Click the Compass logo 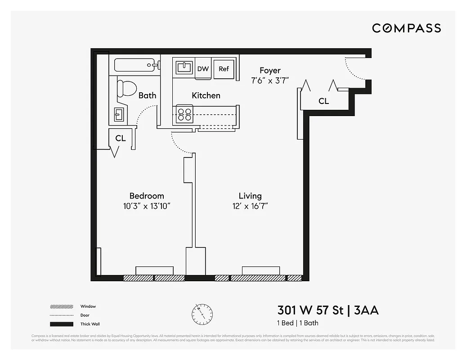coord(406,28)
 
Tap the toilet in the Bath coord(126,88)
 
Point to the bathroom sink coord(119,114)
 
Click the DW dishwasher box coord(203,69)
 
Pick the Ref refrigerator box coord(224,69)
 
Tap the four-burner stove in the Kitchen coord(184,114)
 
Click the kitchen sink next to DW coord(184,68)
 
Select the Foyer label coord(270,71)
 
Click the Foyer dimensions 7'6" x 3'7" coord(270,81)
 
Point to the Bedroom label coord(147,196)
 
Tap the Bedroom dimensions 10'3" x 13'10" coord(147,206)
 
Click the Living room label coord(250,196)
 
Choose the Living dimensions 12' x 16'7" coord(250,206)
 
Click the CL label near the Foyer coord(323,101)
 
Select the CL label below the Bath coord(121,138)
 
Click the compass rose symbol coord(202,313)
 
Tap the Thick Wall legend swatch coord(62,324)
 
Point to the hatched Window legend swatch coord(62,306)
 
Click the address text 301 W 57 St coord(310,310)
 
